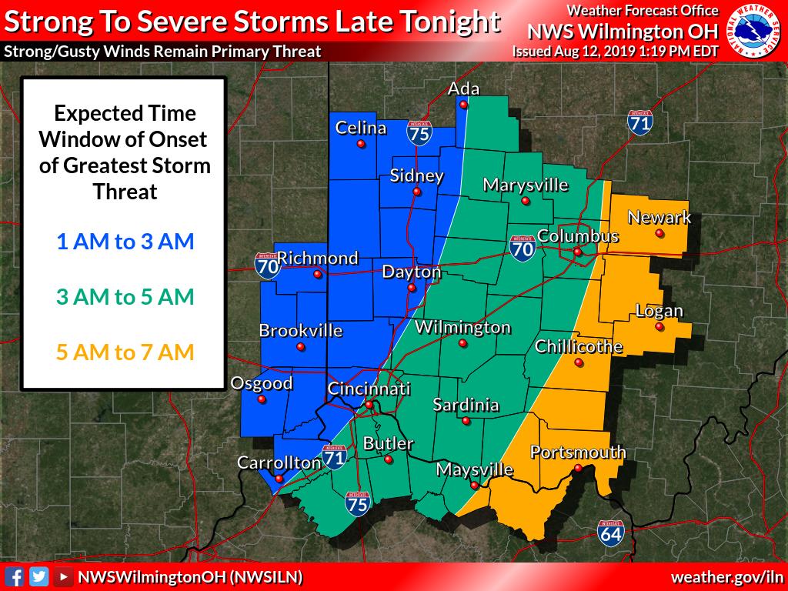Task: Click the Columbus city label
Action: [x=577, y=235]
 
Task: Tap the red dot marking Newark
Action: [x=659, y=233]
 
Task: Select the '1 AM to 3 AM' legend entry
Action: [x=125, y=242]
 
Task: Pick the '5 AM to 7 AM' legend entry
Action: [x=125, y=352]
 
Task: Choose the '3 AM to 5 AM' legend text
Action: [x=125, y=297]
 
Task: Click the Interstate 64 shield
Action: [x=609, y=533]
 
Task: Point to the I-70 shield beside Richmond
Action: [x=267, y=264]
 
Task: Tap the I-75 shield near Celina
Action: [x=419, y=133]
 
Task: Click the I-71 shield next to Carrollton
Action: [x=334, y=456]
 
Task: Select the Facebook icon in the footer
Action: [x=14, y=576]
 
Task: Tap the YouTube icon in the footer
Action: [x=64, y=576]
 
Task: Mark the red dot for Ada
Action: [x=464, y=105]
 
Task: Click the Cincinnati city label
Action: [x=369, y=389]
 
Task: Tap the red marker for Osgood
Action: [x=262, y=399]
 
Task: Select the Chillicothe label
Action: [x=578, y=346]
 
